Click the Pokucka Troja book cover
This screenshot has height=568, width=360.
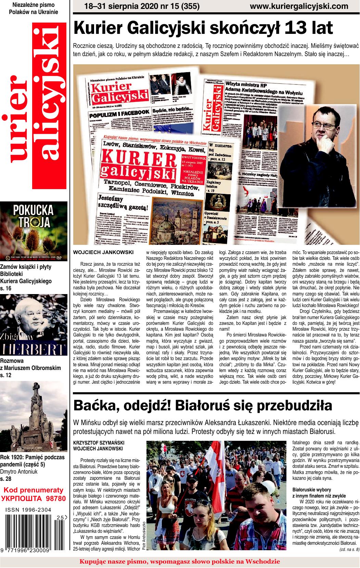coord(34,231)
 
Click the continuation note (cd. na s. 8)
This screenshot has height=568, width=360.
coord(349,550)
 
